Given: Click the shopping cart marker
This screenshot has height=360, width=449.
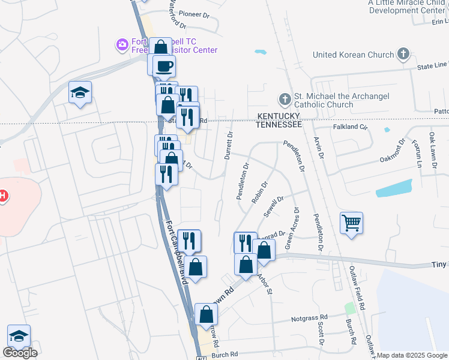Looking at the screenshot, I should (351, 223).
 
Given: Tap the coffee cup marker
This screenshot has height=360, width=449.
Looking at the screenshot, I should (164, 65).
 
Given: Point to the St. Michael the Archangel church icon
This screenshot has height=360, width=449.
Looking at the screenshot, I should (285, 98).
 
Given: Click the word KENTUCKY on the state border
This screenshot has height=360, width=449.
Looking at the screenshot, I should (279, 115).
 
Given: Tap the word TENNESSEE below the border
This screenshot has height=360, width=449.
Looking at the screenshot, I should (278, 124).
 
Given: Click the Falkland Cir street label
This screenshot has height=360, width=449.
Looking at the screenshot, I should (349, 127).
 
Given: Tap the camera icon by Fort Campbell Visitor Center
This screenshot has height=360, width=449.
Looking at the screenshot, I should (122, 44).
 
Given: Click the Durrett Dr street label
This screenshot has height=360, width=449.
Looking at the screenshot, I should (229, 146).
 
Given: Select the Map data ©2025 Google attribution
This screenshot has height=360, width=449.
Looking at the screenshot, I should (412, 355).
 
